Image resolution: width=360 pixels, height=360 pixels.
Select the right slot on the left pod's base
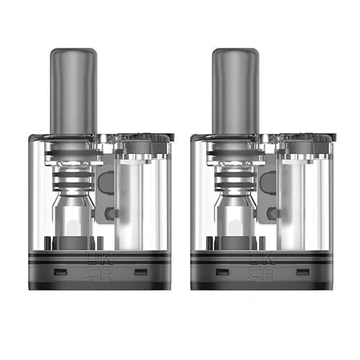point(140,272)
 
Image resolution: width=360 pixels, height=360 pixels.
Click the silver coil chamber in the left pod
point(76,216)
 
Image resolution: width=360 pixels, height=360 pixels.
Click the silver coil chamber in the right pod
point(237,216)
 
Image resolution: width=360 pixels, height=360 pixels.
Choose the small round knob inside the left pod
point(109,213)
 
